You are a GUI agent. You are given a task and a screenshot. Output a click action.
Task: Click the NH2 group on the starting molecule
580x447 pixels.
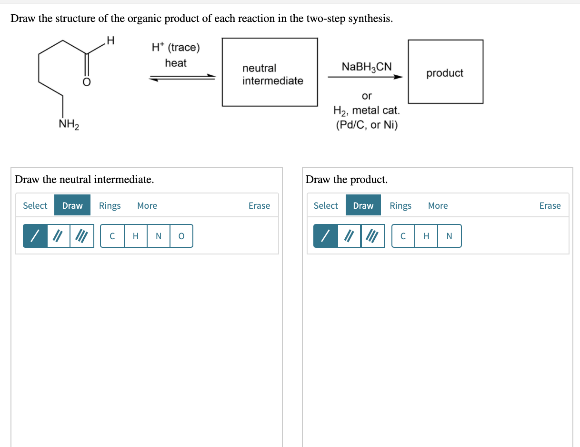tap(69, 124)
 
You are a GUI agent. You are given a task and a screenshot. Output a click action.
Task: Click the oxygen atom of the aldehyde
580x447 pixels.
tap(87, 82)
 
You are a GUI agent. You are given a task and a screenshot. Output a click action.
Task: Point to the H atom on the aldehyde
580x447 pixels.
tap(110, 41)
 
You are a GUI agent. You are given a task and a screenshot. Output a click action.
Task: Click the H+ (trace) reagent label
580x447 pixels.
tap(176, 47)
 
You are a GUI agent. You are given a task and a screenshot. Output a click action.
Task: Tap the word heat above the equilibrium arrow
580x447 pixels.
tap(176, 63)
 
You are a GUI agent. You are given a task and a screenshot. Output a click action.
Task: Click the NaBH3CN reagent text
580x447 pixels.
tap(367, 67)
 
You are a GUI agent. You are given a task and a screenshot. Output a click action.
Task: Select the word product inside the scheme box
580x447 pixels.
tap(445, 73)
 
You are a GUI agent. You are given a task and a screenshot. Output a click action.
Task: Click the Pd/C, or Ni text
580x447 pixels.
tap(367, 125)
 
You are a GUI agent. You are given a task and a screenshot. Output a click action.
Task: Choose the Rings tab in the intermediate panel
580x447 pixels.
tap(110, 205)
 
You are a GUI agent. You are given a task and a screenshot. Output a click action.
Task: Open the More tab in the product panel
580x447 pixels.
tap(438, 205)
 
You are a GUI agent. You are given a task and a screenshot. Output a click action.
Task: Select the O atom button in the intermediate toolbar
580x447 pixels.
tap(181, 236)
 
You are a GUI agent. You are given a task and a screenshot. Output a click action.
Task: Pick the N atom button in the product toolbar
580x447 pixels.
tap(449, 236)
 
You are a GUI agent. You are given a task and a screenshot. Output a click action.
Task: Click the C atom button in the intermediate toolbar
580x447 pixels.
tap(112, 236)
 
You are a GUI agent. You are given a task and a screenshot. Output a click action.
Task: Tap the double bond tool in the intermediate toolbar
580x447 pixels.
tap(59, 236)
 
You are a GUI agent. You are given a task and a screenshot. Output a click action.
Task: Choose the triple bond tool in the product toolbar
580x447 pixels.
tap(372, 236)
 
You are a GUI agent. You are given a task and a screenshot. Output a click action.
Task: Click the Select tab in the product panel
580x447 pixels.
tap(326, 205)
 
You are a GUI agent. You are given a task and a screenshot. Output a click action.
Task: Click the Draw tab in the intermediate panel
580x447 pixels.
tap(72, 205)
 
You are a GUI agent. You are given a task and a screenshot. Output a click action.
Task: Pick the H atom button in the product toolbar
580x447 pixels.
tap(426, 236)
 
